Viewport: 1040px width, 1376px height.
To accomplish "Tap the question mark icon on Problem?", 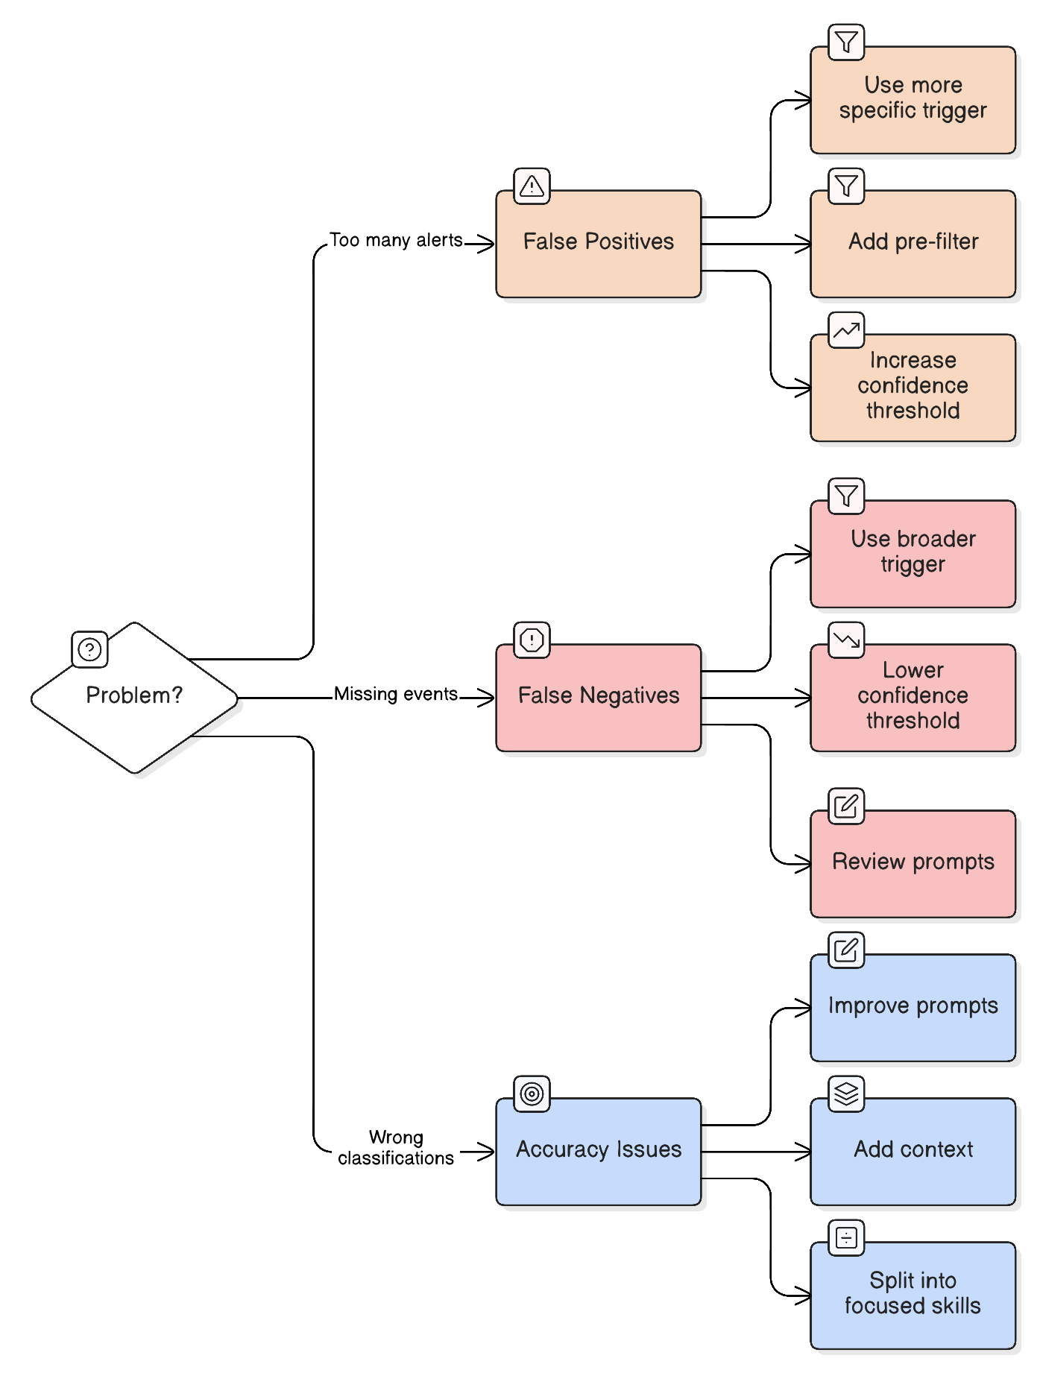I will (x=89, y=649).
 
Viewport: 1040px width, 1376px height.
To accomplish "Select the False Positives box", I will (x=598, y=244).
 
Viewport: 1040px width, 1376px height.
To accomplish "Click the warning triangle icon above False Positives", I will (x=532, y=186).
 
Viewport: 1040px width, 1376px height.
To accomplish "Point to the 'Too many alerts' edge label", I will (x=396, y=240).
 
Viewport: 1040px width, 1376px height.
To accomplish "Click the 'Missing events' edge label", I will (x=395, y=694).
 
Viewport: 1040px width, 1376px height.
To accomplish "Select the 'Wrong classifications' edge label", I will (x=395, y=1147).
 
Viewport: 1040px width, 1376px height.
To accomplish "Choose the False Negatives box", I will (x=598, y=698).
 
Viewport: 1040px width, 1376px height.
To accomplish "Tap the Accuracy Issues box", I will (x=598, y=1151).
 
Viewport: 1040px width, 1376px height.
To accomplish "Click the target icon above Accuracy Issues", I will (x=532, y=1093).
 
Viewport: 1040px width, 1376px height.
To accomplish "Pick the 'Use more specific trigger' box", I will (x=913, y=101).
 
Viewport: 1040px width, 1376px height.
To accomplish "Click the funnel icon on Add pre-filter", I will (x=846, y=186).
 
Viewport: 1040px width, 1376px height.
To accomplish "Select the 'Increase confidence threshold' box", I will (x=913, y=388).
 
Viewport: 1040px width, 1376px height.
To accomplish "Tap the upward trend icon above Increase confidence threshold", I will (x=846, y=329).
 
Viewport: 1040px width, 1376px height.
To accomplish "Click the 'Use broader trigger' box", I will (x=913, y=554).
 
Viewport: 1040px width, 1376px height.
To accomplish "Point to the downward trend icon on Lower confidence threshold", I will (x=846, y=640).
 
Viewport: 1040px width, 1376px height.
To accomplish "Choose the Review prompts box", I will (x=913, y=864).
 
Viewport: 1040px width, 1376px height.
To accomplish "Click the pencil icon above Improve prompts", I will (x=846, y=950).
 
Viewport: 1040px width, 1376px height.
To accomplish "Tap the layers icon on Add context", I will (x=846, y=1093).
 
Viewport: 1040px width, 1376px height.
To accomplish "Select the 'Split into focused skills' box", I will (x=913, y=1295).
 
